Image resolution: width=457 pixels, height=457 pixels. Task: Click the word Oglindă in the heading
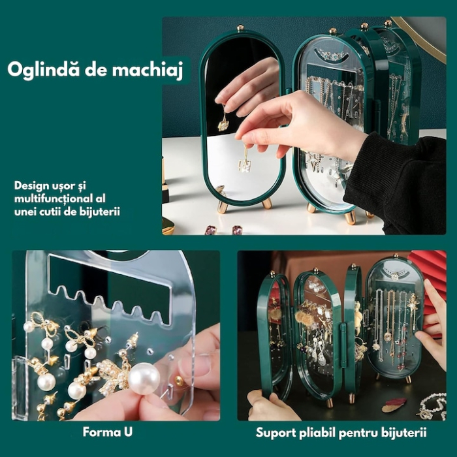click(40, 71)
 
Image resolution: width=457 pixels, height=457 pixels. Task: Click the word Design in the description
click(32, 185)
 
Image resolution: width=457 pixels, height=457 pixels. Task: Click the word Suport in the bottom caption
click(276, 432)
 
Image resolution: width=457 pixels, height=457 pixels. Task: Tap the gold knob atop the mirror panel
click(240, 28)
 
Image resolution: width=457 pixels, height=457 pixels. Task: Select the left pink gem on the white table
click(211, 230)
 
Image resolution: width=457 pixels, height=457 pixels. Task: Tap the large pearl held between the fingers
click(144, 378)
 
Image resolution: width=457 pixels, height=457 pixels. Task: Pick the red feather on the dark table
click(394, 405)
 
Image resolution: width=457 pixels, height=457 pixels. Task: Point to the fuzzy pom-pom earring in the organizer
click(305, 318)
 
